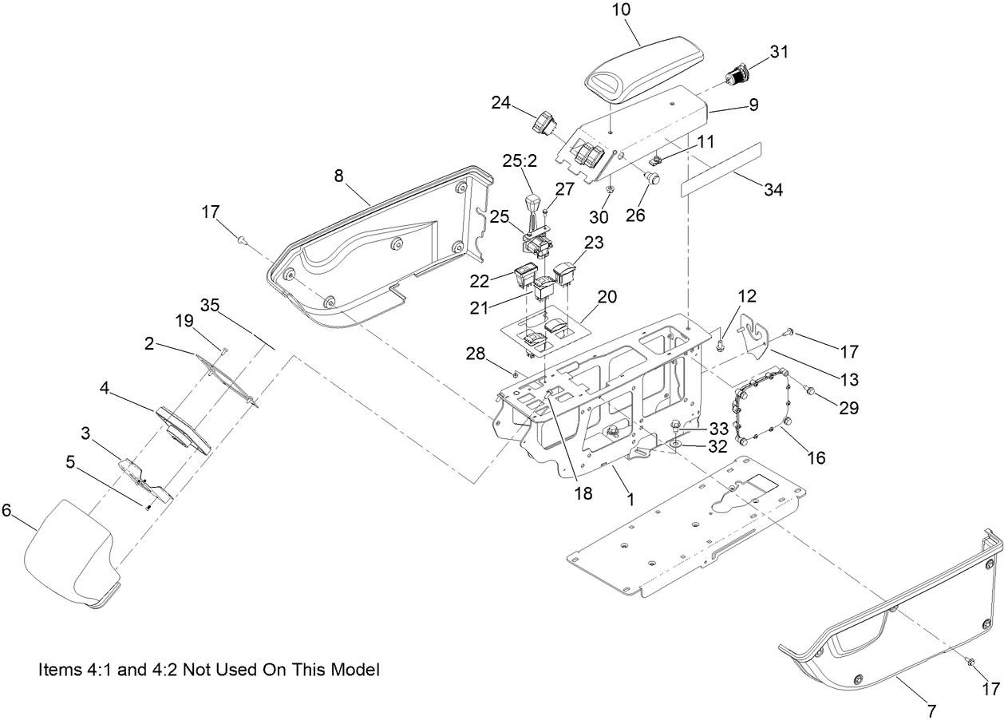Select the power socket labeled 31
tap(735, 77)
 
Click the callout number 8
tap(339, 176)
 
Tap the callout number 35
tap(210, 305)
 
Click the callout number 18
tap(583, 493)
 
